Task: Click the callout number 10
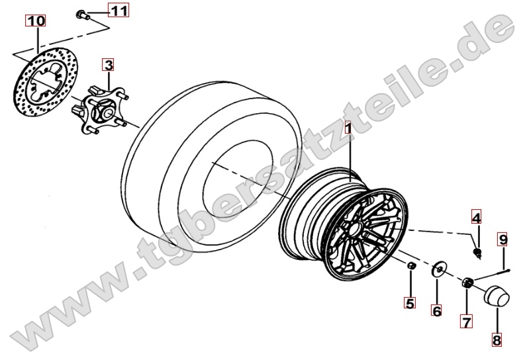click(36, 21)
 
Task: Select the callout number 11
click(119, 11)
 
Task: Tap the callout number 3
click(109, 65)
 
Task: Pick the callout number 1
click(348, 127)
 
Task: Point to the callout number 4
click(476, 218)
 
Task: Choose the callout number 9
click(502, 239)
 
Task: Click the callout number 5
click(410, 303)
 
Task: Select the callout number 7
click(466, 322)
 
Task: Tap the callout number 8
click(497, 340)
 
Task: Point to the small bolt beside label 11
click(81, 15)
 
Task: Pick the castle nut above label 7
click(467, 283)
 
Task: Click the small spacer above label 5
click(411, 265)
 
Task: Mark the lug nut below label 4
click(477, 253)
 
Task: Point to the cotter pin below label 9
click(491, 275)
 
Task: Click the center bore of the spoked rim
click(356, 229)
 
